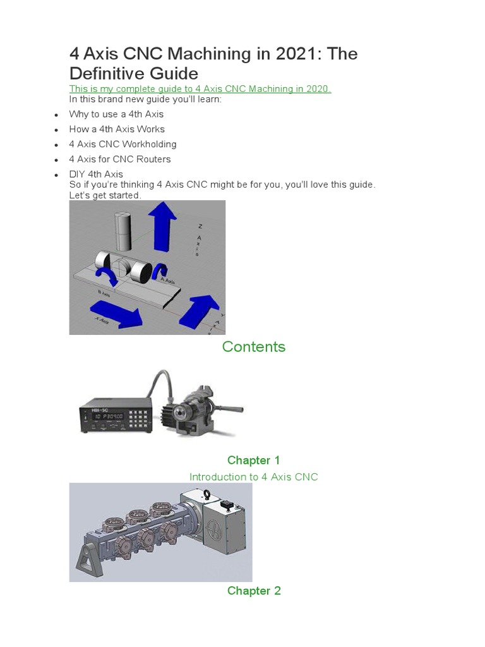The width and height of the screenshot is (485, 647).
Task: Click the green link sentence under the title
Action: coord(200,89)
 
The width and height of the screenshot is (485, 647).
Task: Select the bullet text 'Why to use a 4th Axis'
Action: coord(116,114)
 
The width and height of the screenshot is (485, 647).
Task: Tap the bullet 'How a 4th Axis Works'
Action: coord(117,129)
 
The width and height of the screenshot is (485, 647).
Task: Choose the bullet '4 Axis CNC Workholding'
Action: coord(123,144)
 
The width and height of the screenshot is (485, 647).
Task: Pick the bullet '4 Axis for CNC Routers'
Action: coord(120,159)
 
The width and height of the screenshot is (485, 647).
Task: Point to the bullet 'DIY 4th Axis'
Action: coord(96,174)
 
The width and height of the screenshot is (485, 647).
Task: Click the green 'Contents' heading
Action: coord(253,347)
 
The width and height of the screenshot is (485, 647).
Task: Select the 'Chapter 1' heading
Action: coord(253,460)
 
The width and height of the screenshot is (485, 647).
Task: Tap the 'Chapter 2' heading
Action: coord(253,591)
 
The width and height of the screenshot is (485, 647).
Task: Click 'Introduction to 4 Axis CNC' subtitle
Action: coord(253,477)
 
